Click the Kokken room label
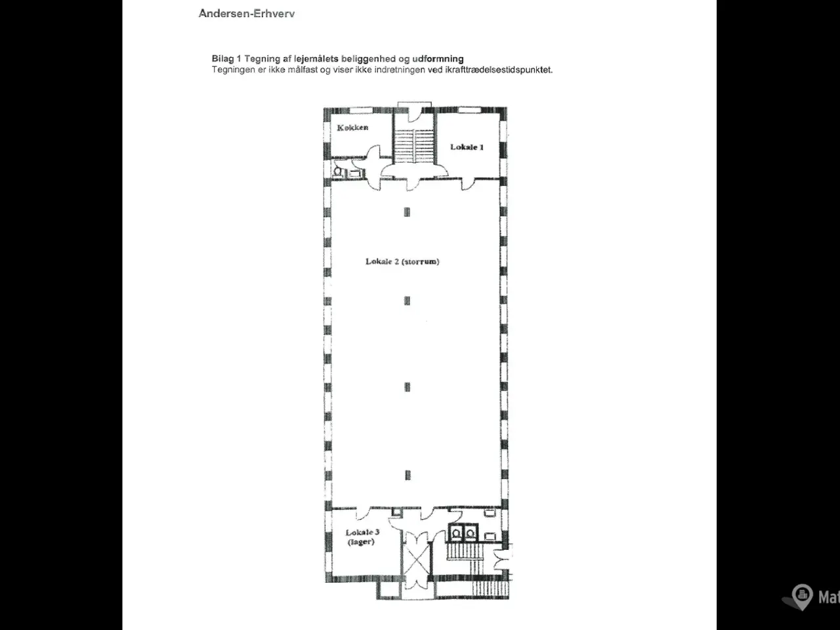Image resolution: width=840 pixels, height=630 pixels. click(352, 127)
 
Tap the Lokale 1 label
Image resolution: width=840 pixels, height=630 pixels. click(467, 147)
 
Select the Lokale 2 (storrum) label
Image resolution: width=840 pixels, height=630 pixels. click(402, 261)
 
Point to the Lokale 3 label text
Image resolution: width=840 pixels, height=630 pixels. click(362, 532)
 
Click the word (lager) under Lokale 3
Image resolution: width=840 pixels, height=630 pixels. click(361, 541)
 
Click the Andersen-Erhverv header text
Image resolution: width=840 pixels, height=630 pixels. click(247, 13)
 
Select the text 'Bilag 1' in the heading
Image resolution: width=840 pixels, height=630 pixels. click(226, 59)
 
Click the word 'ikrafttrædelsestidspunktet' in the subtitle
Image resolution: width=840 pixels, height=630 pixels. click(499, 70)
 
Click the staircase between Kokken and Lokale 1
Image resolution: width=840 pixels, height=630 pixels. click(414, 145)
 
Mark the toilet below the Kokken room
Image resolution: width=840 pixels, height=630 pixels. click(338, 172)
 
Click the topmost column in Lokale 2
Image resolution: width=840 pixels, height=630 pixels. click(407, 212)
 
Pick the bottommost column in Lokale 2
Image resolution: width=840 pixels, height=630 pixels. click(408, 475)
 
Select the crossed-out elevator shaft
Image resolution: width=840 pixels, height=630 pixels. click(415, 560)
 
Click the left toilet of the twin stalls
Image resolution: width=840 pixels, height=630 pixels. click(456, 534)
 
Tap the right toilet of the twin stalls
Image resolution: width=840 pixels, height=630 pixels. click(471, 534)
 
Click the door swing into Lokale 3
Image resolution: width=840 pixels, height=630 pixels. click(363, 513)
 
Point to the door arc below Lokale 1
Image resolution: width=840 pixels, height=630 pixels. click(469, 184)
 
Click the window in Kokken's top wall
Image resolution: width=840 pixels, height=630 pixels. click(361, 110)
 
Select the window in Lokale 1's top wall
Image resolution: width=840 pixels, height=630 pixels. click(469, 110)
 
